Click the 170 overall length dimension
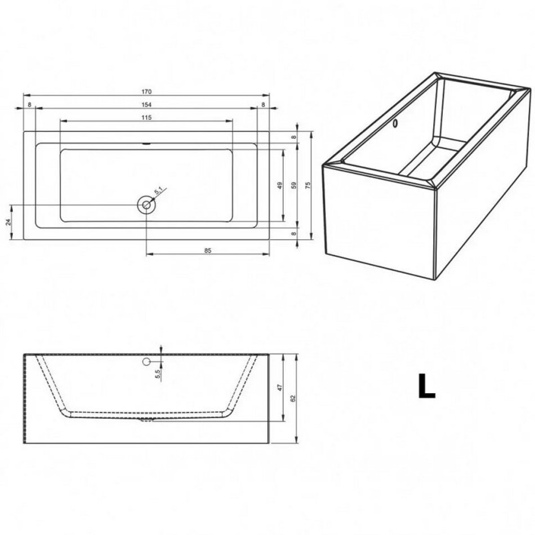[146, 91]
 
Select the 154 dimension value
[146, 104]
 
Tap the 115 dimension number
[146, 117]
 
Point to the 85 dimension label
[208, 251]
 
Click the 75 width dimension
[307, 185]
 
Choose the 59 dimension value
[294, 185]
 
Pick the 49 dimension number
[280, 185]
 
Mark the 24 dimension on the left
[9, 222]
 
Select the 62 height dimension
[293, 398]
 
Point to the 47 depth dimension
[280, 387]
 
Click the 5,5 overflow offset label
[158, 374]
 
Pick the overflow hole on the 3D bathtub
[395, 123]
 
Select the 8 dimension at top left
[29, 104]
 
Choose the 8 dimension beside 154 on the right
[263, 104]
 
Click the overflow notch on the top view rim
[147, 144]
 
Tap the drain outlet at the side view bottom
[147, 420]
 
